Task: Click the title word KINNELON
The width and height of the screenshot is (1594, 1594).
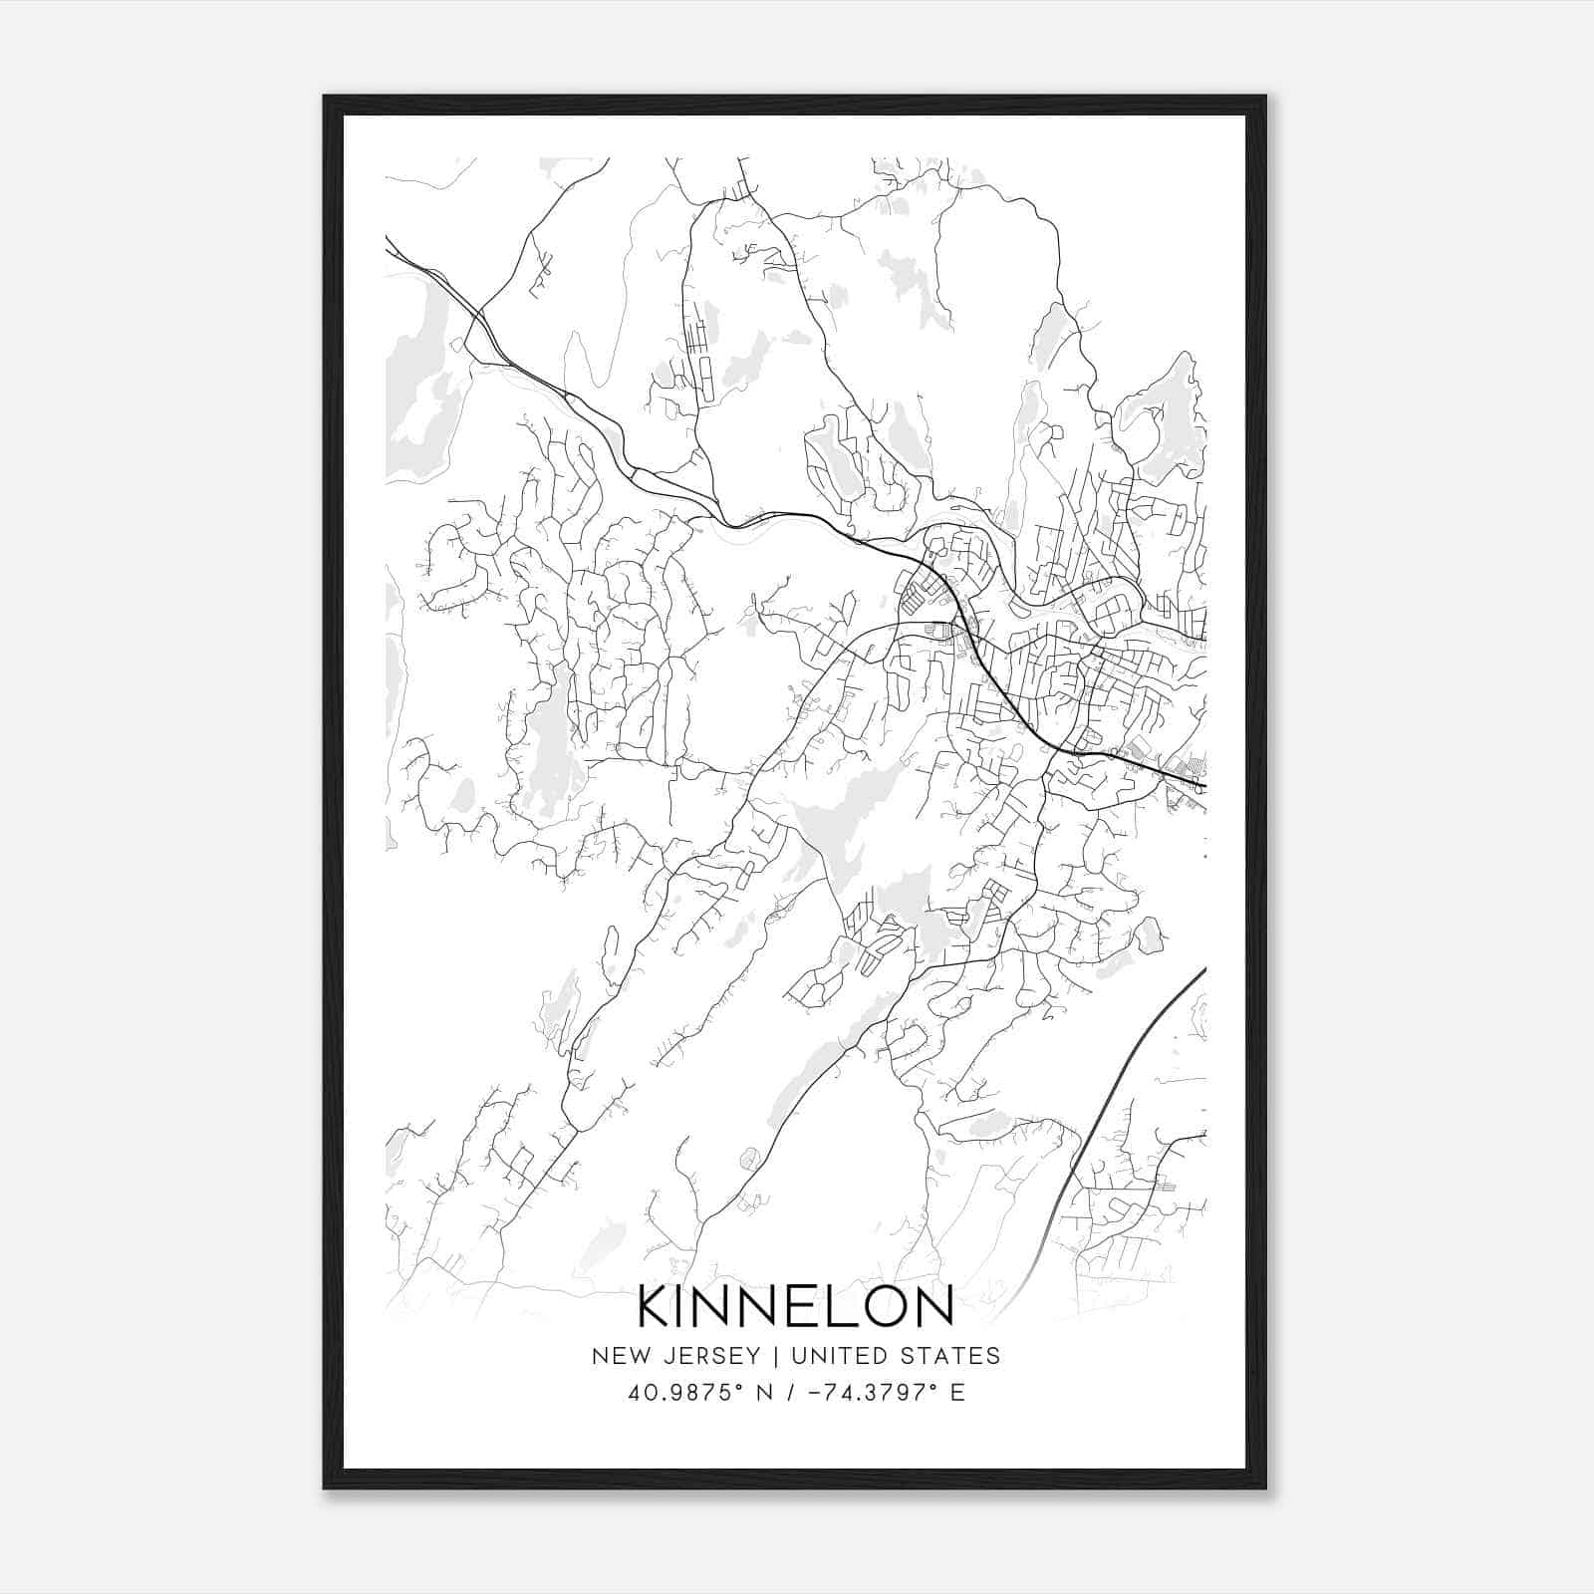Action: pos(795,1306)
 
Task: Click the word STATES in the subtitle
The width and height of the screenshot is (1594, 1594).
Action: pos(955,1356)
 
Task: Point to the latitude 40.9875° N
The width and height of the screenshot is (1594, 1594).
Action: pos(695,1393)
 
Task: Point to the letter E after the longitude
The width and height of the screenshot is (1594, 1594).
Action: pos(958,1393)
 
